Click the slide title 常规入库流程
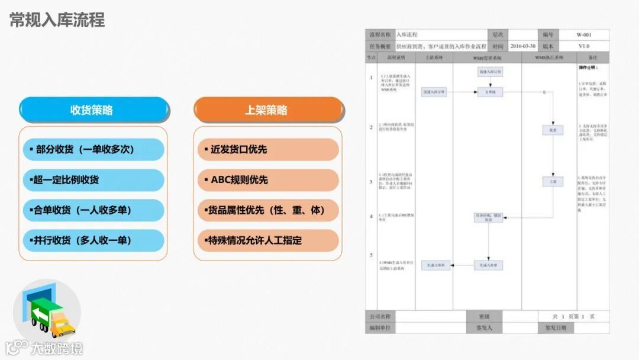57,20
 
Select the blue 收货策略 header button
92,110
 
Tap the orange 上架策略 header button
267,110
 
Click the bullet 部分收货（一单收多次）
92,150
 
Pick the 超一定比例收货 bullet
92,180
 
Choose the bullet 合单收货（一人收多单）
92,210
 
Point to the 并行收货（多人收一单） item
92,240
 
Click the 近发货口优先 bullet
267,150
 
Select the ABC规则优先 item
267,180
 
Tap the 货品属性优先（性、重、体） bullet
267,210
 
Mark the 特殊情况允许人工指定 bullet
267,240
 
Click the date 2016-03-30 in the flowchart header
522,46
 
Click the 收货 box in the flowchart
553,130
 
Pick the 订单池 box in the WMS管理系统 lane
490,92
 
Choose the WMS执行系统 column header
549,58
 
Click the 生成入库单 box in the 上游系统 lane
436,266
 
